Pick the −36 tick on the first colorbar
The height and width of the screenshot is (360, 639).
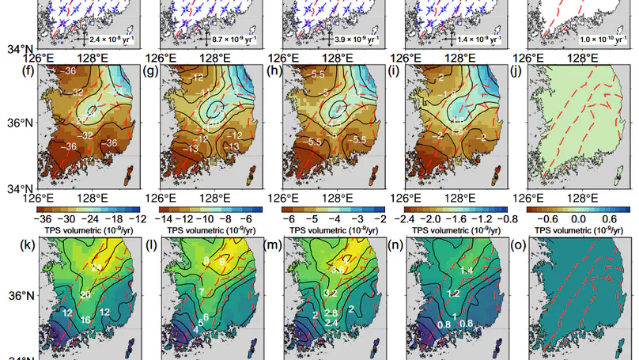(x=44, y=220)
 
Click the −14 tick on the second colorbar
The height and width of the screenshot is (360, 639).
(x=170, y=220)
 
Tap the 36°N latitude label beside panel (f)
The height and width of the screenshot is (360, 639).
(x=20, y=123)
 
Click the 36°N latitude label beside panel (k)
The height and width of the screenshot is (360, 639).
(x=20, y=296)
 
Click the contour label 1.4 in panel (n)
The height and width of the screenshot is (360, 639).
(x=466, y=271)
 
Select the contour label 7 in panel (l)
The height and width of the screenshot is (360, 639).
(x=202, y=292)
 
